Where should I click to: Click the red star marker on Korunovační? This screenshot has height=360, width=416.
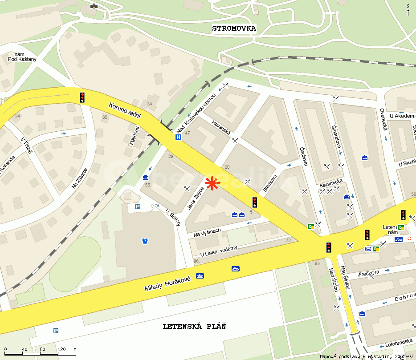click(212, 183)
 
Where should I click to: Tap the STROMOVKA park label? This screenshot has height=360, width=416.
click(234, 28)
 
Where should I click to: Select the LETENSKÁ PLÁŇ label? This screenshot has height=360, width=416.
click(194, 326)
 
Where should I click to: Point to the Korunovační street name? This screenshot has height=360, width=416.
click(125, 109)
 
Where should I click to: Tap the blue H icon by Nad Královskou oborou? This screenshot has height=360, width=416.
click(178, 138)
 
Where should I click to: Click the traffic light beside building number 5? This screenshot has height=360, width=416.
click(254, 202)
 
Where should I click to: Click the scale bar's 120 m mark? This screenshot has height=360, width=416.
click(61, 350)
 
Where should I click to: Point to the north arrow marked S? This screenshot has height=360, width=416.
click(408, 9)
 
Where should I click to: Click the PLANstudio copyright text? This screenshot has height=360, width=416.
click(367, 356)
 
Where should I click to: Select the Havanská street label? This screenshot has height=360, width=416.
click(220, 129)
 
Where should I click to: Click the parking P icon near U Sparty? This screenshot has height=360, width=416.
click(138, 206)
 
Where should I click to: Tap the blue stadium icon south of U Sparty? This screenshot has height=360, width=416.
click(145, 241)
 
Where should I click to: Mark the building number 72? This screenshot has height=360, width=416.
click(288, 240)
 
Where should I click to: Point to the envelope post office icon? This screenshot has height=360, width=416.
click(368, 249)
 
